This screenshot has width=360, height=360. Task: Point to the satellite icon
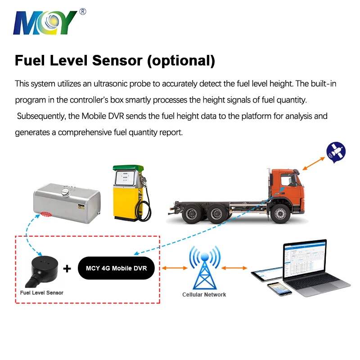click(336, 151)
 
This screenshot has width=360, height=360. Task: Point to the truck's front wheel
click(280, 215)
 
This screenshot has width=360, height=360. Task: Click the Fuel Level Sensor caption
click(42, 292)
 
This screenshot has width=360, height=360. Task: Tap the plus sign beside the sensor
click(67, 269)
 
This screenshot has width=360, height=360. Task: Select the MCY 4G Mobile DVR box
click(116, 269)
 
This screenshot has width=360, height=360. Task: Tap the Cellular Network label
click(204, 295)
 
